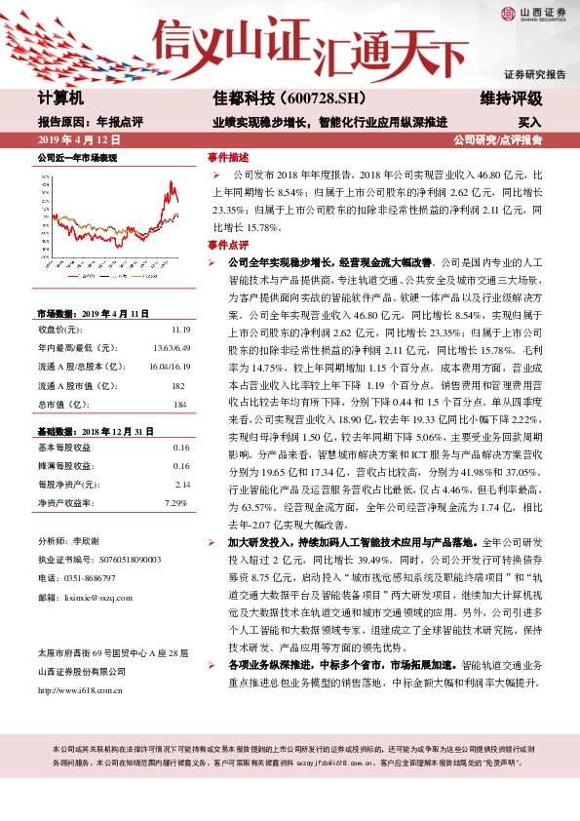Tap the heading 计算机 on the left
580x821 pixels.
pos(61,98)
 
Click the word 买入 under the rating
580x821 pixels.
pos(529,123)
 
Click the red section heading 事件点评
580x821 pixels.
pos(227,244)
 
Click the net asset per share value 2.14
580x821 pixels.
pos(181,484)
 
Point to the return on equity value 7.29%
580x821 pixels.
pos(175,502)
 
